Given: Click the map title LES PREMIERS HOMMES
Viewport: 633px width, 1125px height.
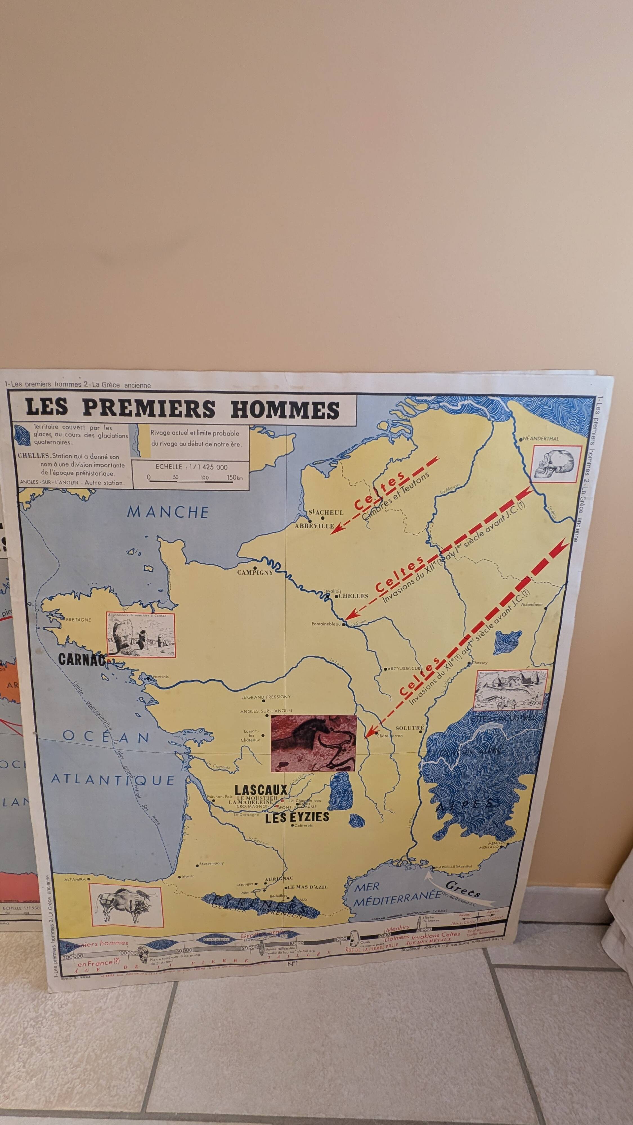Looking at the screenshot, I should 183,408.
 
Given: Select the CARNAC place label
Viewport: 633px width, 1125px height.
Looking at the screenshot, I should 82,659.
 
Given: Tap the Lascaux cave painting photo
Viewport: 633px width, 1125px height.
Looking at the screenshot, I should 314,743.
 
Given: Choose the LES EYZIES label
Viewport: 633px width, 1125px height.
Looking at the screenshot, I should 297,817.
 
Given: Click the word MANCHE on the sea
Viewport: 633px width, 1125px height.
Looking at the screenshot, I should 168,512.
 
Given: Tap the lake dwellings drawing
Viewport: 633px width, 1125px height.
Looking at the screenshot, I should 510,690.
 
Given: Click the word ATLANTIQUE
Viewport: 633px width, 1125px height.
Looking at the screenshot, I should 113,780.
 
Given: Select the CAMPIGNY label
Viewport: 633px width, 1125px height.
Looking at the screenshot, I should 255,573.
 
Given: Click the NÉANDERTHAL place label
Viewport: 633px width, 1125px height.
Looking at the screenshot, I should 541,438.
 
